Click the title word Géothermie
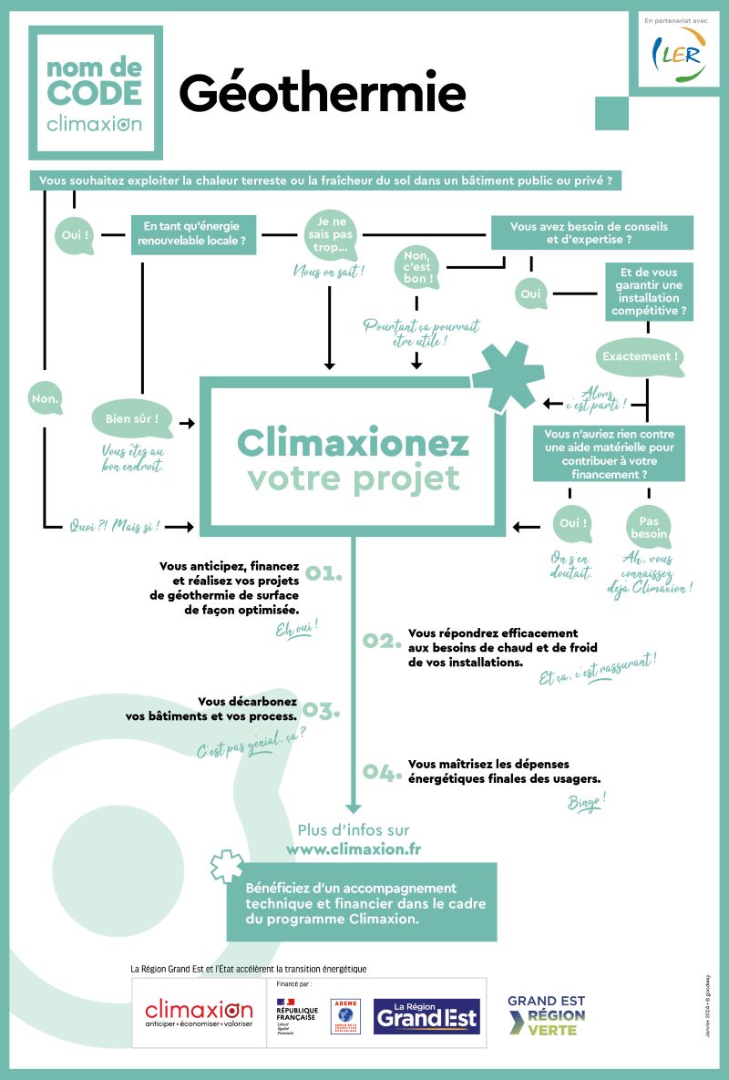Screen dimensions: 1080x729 [322, 94]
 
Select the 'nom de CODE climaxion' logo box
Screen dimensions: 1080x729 [95, 92]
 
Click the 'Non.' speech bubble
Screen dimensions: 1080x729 [46, 398]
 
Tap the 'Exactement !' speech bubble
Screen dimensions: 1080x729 [641, 357]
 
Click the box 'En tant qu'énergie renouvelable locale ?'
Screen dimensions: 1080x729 [193, 235]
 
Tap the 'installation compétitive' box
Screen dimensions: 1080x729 [648, 292]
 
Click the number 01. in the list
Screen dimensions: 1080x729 [323, 573]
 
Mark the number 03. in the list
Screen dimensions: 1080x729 [322, 709]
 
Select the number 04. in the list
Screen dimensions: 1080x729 [383, 773]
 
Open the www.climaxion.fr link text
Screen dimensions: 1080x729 [353, 849]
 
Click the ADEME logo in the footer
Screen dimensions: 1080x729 [345, 1015]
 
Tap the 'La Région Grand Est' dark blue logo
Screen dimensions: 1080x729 [427, 1015]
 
